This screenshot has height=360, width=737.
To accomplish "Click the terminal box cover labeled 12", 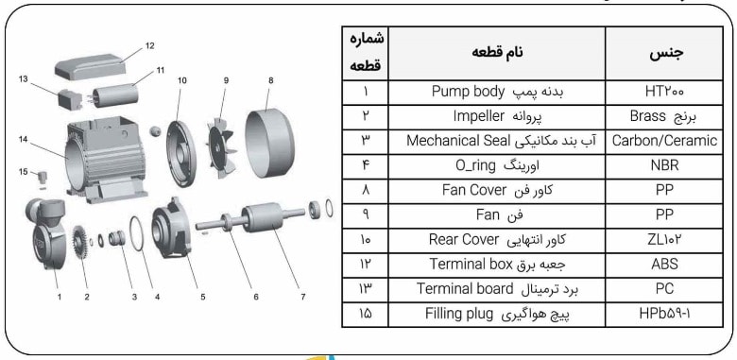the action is (x=94, y=64).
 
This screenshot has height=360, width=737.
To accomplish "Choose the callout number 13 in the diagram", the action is (x=22, y=79).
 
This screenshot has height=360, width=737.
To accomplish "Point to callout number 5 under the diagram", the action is (x=202, y=297).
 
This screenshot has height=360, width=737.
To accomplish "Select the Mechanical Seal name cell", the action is (x=496, y=142).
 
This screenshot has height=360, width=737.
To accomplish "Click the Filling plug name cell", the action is (x=496, y=313).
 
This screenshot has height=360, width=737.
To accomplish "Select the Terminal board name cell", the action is (x=496, y=288).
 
